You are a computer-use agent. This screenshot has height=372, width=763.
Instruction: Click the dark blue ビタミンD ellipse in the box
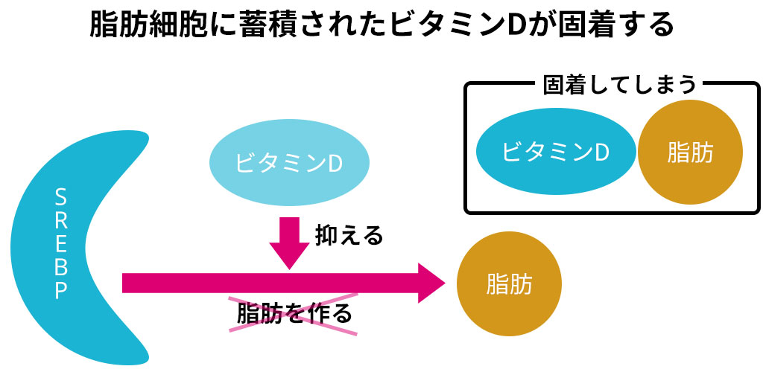[556, 152]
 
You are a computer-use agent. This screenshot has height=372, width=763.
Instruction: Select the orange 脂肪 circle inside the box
[690, 152]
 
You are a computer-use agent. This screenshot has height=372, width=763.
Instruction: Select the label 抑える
[349, 236]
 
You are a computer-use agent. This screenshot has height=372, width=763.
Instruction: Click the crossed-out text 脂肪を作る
[294, 314]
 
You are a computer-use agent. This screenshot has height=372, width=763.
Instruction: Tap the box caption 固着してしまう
[619, 86]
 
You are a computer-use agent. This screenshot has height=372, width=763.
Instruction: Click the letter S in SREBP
[61, 198]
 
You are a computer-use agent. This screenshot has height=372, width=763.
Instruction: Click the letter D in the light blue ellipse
[335, 164]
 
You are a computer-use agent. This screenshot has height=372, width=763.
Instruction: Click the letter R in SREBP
[61, 221]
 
